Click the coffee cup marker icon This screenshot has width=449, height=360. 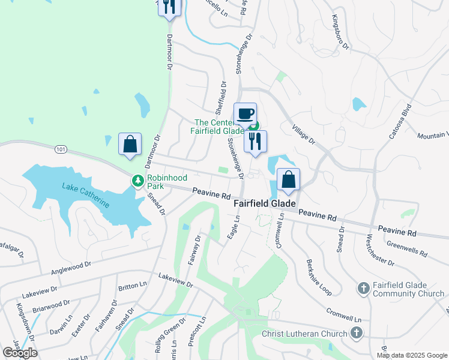[x=245, y=113]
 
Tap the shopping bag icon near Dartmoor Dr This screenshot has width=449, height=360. [x=130, y=144]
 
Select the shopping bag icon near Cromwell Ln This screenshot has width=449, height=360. [x=289, y=179]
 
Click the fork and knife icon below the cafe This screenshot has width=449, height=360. [x=255, y=142]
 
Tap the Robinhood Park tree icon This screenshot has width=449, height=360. [x=138, y=180]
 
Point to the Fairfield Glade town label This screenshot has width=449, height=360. [x=264, y=205]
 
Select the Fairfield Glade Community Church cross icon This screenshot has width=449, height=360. [x=363, y=289]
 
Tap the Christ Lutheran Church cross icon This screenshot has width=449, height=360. [x=357, y=334]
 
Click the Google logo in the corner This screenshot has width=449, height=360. [x=20, y=352]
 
